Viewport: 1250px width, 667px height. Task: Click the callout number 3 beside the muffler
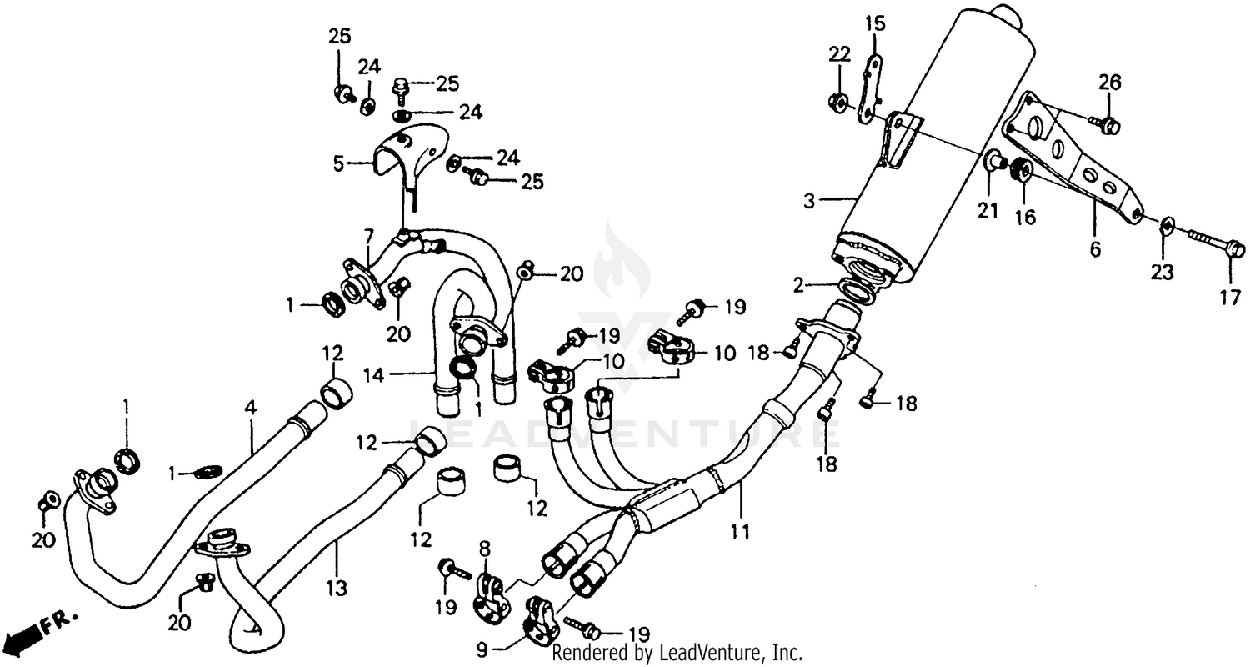coord(808,200)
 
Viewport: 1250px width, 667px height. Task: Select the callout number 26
coord(1109,83)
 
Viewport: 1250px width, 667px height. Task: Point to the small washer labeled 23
coord(1167,223)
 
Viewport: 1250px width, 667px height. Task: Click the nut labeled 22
coord(839,103)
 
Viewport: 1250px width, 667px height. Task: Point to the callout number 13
coord(336,589)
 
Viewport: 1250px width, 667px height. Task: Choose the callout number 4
coord(250,409)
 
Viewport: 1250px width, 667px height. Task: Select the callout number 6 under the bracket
coord(1095,249)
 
